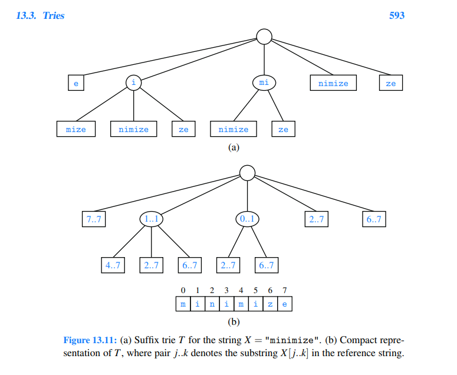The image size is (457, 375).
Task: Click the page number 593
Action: pos(397,15)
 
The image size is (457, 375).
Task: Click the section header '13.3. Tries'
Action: pos(41,15)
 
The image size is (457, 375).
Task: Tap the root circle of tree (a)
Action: pos(264,37)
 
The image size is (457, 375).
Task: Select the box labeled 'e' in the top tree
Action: pos(75,83)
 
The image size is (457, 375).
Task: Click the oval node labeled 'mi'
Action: pos(264,83)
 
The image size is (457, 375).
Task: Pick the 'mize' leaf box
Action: pos(76,129)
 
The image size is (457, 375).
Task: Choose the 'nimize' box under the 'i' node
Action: pos(133,129)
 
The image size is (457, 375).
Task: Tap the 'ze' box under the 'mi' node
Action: pos(283,129)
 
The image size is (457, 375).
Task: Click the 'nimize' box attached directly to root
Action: pos(333,83)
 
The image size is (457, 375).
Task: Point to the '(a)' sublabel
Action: pos(234,148)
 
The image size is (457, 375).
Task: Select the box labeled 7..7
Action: pos(93,219)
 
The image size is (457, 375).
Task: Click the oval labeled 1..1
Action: pos(152,219)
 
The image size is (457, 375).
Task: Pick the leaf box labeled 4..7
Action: pos(113,265)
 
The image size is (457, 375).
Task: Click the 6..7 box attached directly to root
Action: pos(374,219)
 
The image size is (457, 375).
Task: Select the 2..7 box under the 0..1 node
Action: pos(228,265)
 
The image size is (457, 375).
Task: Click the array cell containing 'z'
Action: pos(270,304)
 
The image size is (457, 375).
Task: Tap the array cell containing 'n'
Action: pos(212,304)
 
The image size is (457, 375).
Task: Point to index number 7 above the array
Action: pos(285,291)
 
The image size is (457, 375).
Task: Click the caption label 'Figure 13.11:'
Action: pos(90,340)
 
